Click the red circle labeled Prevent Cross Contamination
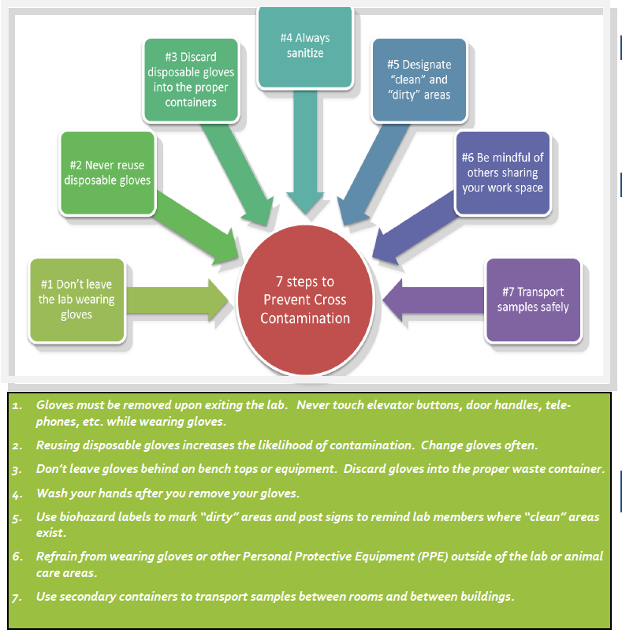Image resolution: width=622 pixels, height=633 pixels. click(306, 300)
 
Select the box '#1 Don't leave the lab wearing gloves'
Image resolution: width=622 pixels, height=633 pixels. click(76, 300)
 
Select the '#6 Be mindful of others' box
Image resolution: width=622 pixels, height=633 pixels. click(502, 172)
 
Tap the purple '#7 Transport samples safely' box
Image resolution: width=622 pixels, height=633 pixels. click(533, 300)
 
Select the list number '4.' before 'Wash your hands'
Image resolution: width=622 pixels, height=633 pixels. click(17, 494)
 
